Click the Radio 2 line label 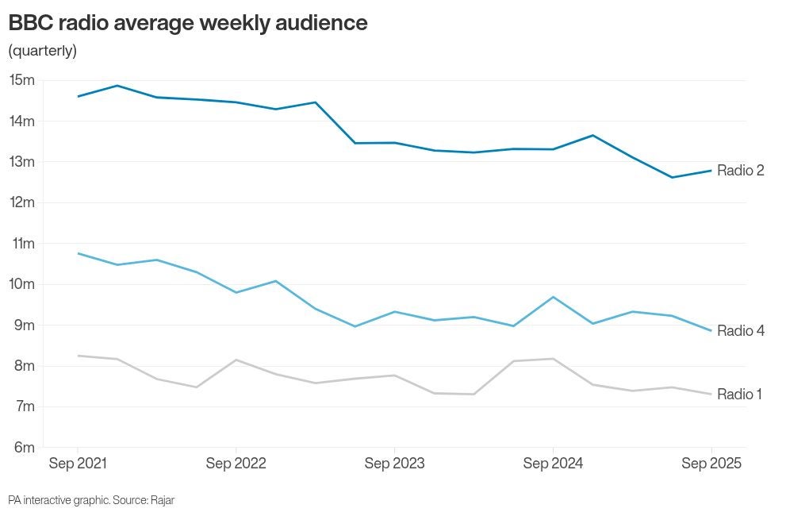(x=740, y=170)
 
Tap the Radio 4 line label (x=740, y=330)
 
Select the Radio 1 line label (x=739, y=394)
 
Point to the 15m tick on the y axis (x=22, y=80)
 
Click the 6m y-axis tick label (x=24, y=448)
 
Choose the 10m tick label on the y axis (x=22, y=284)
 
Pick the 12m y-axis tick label (x=22, y=202)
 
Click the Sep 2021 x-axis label (x=78, y=464)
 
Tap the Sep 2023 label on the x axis (x=394, y=464)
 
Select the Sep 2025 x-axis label (x=711, y=464)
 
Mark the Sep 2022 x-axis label (x=236, y=464)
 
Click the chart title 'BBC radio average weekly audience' (x=188, y=23)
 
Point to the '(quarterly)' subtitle (x=42, y=51)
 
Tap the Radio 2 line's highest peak (x=117, y=85)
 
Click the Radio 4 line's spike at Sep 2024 (x=553, y=297)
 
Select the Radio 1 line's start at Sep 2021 (x=78, y=356)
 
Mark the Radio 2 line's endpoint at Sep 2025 (x=711, y=170)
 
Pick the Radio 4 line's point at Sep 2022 (x=236, y=292)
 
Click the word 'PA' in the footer (x=14, y=500)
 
